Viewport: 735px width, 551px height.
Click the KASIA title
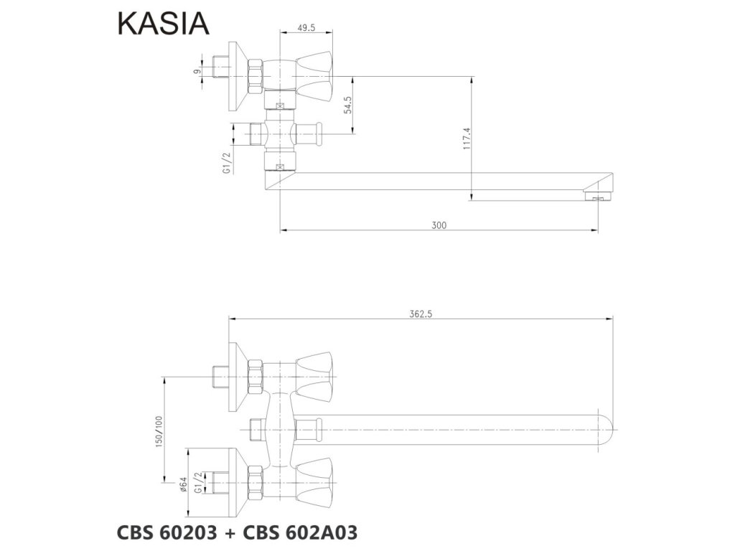click(x=163, y=24)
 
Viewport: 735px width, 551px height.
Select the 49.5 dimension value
click(x=306, y=28)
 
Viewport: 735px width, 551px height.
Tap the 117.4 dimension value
click(x=467, y=138)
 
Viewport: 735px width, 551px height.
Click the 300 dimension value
click(x=439, y=225)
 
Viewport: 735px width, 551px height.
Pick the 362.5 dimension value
click(x=421, y=314)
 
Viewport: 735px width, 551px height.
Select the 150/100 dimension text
click(x=159, y=430)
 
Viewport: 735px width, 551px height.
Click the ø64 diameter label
click(x=183, y=484)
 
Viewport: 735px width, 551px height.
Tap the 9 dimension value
click(x=197, y=71)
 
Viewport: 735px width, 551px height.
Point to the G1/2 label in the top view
click(x=228, y=163)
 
